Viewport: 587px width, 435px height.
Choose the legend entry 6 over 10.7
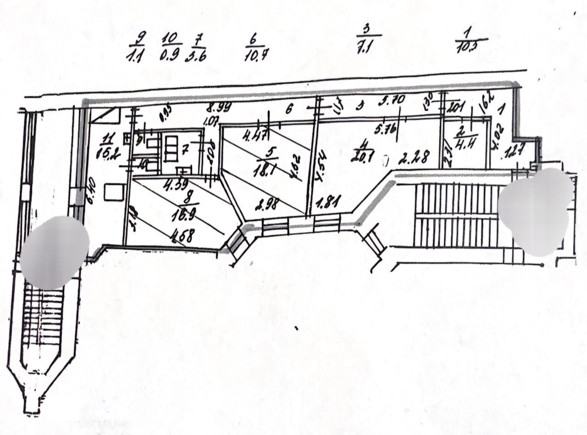(257, 47)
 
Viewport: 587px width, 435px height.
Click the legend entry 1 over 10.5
(470, 41)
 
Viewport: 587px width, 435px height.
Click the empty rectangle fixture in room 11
(114, 192)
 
